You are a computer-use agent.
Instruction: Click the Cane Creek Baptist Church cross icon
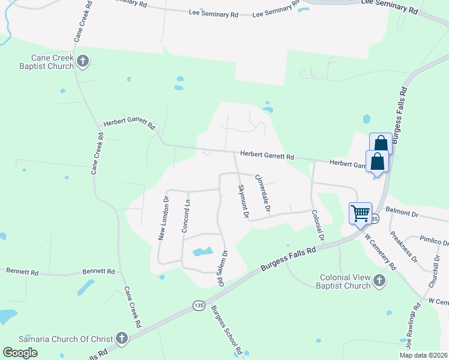click(83, 61)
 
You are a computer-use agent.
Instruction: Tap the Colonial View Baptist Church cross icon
click(379, 280)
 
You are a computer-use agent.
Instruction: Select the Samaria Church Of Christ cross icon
click(122, 339)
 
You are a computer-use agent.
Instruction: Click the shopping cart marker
click(360, 214)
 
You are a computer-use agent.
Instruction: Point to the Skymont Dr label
click(243, 200)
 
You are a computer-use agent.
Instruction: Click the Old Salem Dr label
click(221, 268)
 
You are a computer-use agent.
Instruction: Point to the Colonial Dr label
click(318, 225)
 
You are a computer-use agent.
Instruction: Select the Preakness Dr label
click(403, 247)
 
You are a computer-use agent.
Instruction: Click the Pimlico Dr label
click(434, 240)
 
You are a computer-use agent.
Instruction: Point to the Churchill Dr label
click(435, 269)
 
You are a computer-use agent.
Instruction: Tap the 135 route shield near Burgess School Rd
click(199, 305)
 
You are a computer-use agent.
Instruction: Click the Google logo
click(20, 353)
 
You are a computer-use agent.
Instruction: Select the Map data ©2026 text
click(423, 355)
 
